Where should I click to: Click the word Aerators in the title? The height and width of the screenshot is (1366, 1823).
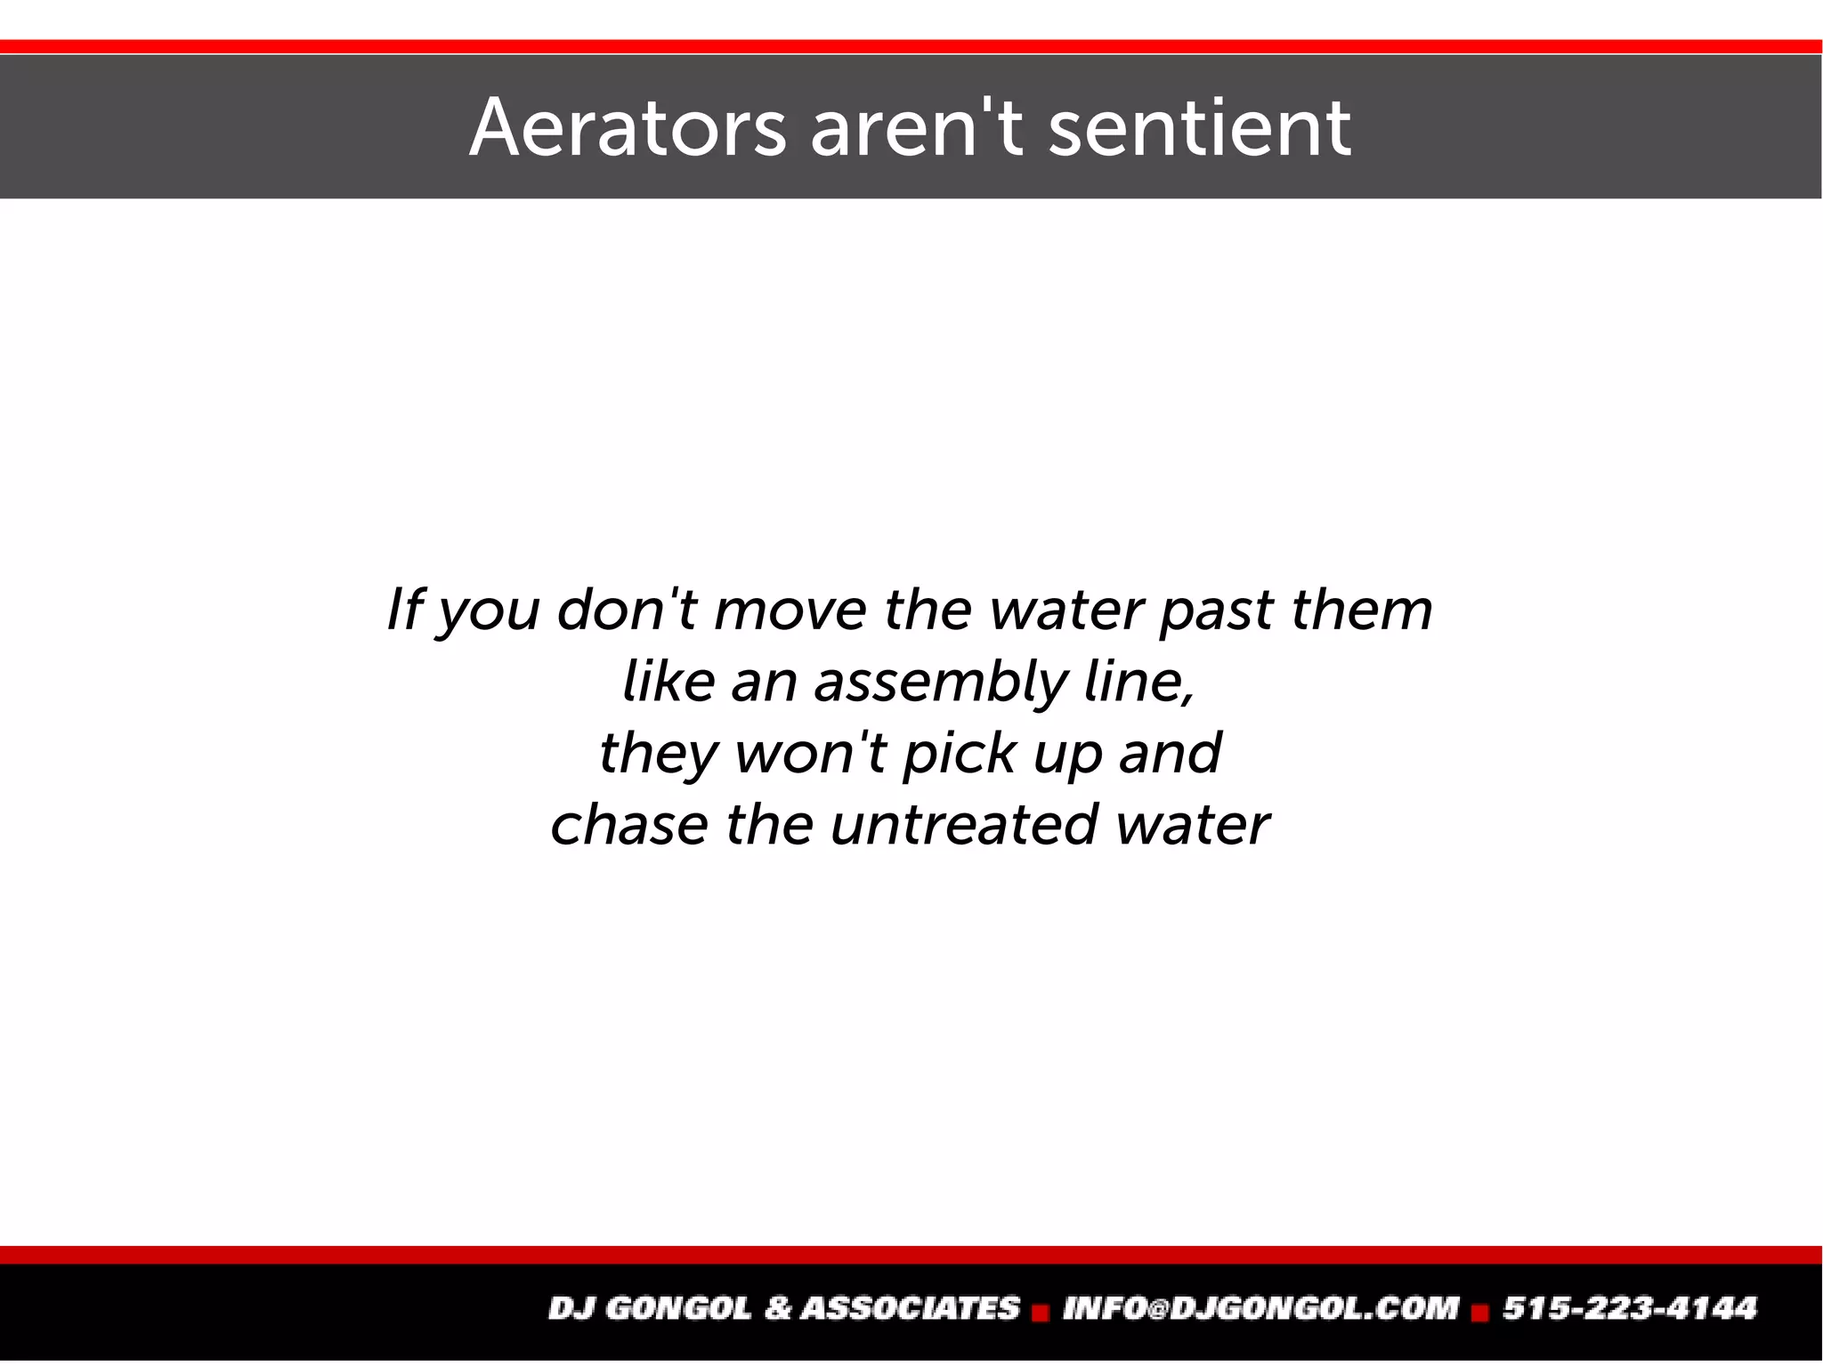628,128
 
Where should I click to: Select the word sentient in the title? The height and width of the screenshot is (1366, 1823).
1200,128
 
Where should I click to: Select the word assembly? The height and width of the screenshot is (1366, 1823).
940,683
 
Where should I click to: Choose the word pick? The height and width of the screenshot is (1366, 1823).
959,754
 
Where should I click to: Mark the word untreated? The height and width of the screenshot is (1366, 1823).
963,825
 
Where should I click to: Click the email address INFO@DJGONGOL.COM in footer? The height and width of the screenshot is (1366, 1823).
1260,1308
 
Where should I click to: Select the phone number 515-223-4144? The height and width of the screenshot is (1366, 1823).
1630,1308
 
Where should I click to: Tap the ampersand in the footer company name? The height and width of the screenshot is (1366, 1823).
777,1308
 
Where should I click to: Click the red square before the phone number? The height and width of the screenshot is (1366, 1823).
1481,1312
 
